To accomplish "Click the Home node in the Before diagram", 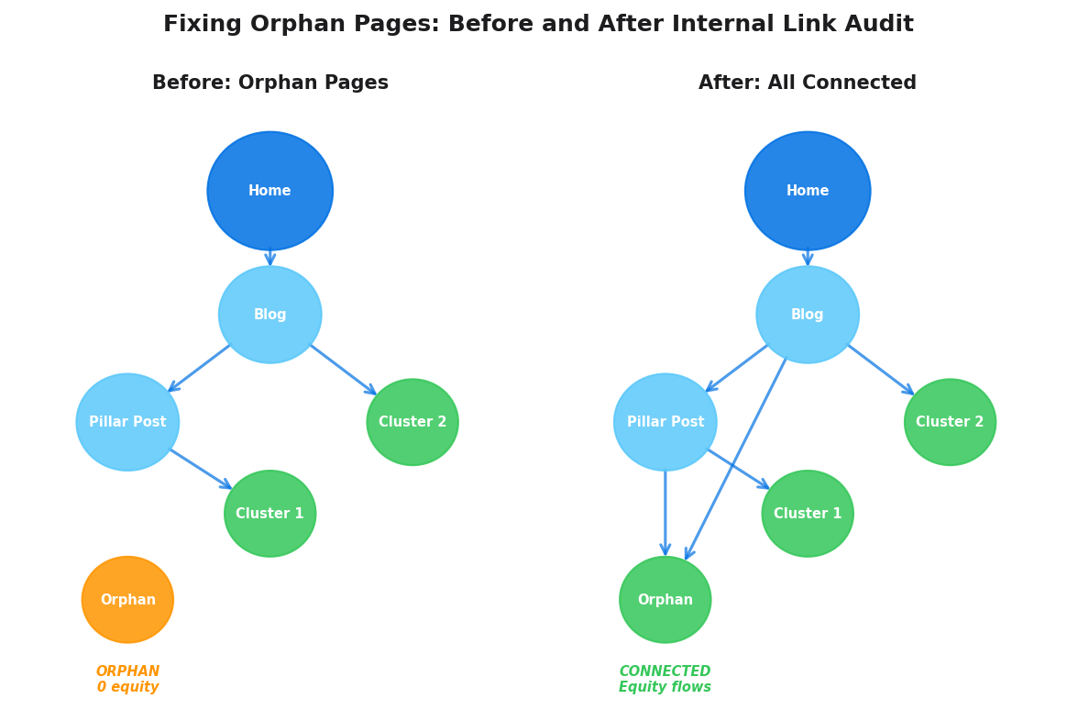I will pos(269,191).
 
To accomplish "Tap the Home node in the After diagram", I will pos(807,191).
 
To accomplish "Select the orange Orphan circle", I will pos(127,599).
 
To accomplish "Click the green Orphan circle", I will pos(665,599).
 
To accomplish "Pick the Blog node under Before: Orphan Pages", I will pos(269,315).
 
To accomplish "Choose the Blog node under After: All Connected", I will pos(807,315).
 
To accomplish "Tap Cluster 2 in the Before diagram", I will pos(412,422).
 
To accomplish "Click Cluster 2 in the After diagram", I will pos(950,422).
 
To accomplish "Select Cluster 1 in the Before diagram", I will pos(269,514).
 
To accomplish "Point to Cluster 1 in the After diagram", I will pos(807,514).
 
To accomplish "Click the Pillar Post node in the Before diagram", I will pos(127,422).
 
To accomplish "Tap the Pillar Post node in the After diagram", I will pos(665,422).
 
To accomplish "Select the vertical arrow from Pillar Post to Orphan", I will pos(665,514).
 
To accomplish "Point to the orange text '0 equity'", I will pos(127,687).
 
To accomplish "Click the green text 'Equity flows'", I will pos(665,687).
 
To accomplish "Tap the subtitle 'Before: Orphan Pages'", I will pos(269,83).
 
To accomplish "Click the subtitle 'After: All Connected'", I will pos(807,83).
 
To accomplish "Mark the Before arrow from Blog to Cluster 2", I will pos(344,370).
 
